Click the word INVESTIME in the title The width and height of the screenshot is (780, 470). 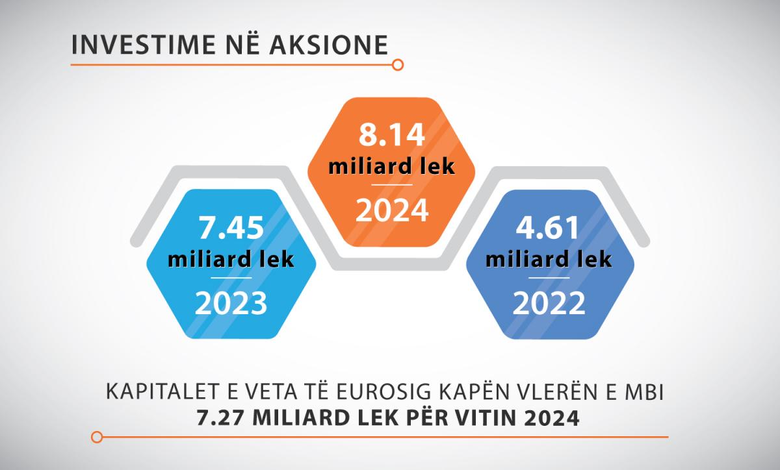point(144,45)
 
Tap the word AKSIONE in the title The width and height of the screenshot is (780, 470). point(329,45)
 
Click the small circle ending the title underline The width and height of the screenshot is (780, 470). point(398,65)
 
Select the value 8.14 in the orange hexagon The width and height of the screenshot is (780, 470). point(392,135)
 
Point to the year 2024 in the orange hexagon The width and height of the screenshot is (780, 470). point(392,210)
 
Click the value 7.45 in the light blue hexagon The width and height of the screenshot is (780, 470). point(231,228)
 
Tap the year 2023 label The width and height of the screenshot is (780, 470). point(231,303)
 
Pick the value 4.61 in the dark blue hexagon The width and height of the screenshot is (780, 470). point(549,228)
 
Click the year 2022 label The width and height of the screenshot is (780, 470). point(549,303)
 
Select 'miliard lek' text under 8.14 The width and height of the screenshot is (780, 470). point(392,166)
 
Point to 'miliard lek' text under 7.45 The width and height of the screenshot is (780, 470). point(231,260)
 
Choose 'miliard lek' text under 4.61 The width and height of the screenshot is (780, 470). point(549,260)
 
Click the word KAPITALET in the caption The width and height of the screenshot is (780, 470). point(164,391)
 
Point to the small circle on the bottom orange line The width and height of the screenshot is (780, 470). point(97,437)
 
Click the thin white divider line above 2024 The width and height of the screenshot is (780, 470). point(392,185)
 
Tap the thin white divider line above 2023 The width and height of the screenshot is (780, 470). point(231,278)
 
